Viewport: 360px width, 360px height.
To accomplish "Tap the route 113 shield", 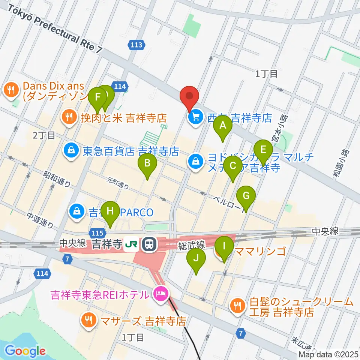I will coord(136,45).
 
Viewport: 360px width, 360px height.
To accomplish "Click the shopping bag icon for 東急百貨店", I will coord(71,151).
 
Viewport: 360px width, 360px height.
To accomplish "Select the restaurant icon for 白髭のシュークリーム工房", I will coord(237,306).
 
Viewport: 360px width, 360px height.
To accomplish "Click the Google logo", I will coord(25,351).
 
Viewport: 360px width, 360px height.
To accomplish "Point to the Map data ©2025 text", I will coord(328,354).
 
